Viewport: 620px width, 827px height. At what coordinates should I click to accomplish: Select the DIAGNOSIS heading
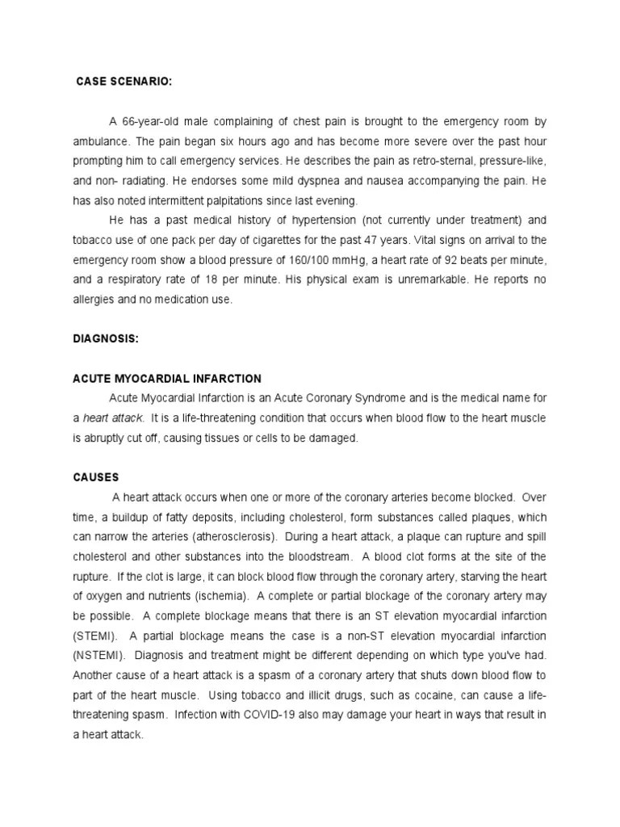click(106, 339)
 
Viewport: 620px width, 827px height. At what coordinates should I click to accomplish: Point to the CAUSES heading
click(95, 477)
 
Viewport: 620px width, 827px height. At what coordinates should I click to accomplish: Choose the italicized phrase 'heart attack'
click(113, 418)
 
